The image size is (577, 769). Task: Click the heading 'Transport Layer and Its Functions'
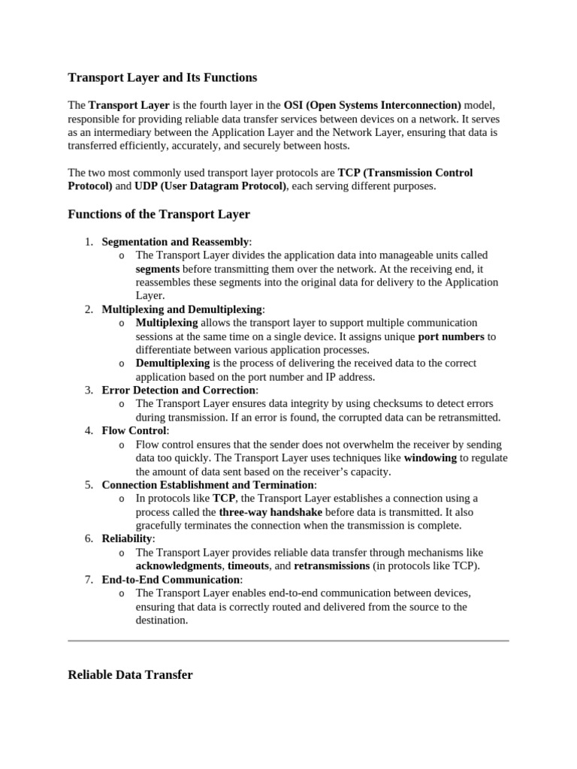162,77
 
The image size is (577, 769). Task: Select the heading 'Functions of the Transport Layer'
159,215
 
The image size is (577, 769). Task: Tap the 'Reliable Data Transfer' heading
130,654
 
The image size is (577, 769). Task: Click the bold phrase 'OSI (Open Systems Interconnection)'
373,105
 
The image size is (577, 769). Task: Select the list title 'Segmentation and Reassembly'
175,242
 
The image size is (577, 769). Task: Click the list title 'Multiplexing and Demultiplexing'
182,309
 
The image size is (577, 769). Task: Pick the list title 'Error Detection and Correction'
179,391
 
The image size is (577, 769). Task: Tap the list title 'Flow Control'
134,431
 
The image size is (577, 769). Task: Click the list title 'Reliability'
127,539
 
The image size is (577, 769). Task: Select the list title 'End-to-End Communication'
171,580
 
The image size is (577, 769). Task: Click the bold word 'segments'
158,269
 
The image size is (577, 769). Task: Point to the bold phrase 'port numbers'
451,336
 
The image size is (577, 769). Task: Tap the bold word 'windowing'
430,458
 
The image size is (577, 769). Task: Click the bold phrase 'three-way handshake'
270,512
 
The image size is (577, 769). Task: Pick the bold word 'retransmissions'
331,566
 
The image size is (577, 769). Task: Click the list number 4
89,431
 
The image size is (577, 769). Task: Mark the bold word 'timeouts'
248,566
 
